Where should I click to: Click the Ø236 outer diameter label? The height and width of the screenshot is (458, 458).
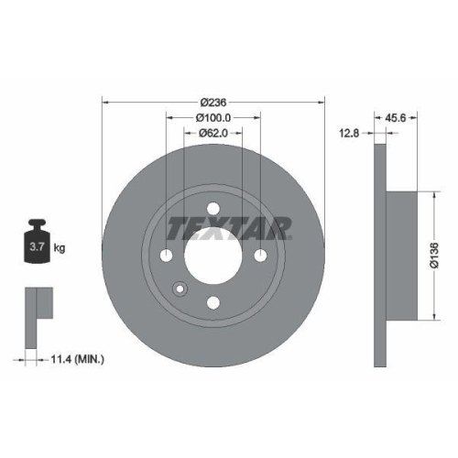213,102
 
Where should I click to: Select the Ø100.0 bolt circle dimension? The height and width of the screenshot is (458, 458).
213,117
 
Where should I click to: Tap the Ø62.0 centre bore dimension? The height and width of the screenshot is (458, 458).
213,134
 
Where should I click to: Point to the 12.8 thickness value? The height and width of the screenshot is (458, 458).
349,133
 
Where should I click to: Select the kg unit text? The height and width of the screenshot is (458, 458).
59,247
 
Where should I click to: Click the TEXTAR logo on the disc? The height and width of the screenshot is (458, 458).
229,225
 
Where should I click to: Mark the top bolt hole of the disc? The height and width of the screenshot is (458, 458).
213,208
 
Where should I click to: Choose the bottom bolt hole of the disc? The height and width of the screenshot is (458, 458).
213,302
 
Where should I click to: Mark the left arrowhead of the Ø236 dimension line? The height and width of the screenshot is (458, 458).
104,102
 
